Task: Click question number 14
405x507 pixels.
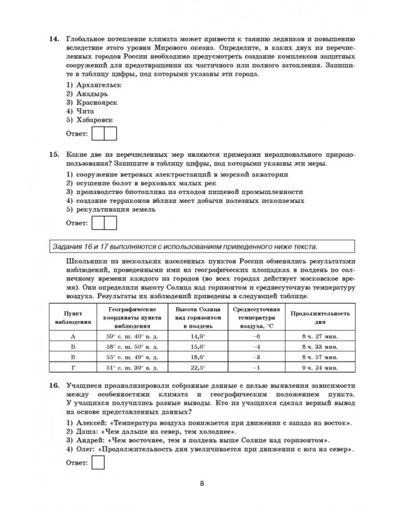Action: pos(55,41)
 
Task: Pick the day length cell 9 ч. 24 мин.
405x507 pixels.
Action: pos(319,368)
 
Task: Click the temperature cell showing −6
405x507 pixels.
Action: pos(256,335)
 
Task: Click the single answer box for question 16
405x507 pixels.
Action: pos(97,463)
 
